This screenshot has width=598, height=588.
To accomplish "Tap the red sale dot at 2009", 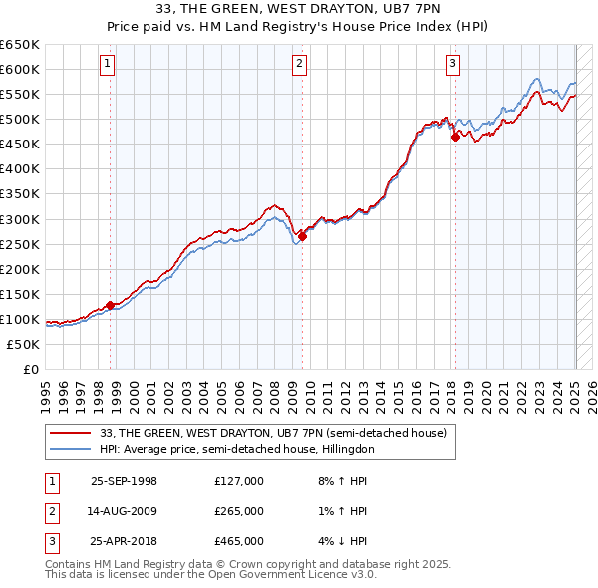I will coord(302,236).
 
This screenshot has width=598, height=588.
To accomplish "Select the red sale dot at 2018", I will coord(455,137).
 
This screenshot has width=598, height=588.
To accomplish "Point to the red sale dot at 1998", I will coord(110,305).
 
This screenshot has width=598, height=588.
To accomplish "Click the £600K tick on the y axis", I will coord(20,69).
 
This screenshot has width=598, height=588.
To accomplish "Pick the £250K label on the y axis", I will coord(20,244).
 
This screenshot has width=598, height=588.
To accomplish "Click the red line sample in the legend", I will coord(70,432).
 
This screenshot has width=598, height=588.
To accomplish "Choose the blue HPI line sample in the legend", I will coord(70,449).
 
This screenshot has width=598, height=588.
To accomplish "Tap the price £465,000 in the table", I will coord(239,541).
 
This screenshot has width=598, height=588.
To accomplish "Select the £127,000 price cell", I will coord(239,481).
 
